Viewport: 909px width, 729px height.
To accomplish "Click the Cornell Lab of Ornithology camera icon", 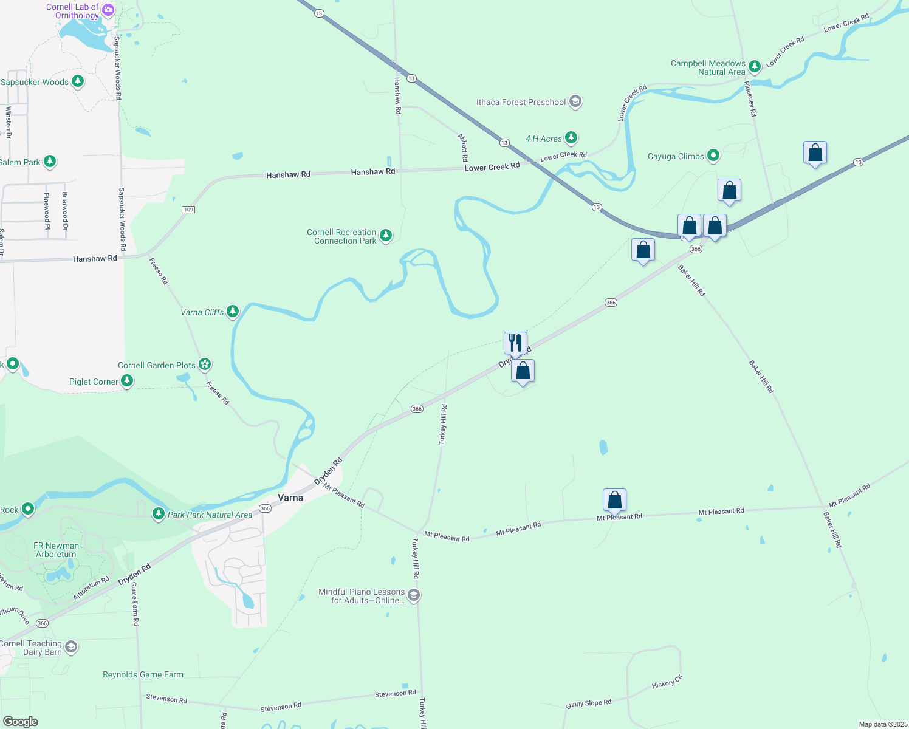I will coord(108,10).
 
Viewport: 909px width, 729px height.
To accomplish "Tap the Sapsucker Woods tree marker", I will coord(78,81).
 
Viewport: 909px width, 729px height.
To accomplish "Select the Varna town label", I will coord(290,498).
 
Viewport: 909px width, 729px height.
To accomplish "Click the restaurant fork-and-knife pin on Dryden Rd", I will coord(515,343).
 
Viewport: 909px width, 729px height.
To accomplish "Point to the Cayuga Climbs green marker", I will coord(713,156).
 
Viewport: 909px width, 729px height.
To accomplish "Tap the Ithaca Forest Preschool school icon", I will coord(575,101).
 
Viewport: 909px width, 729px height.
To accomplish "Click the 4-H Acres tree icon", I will coord(571,138).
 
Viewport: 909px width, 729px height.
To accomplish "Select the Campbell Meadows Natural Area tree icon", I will coord(755,66).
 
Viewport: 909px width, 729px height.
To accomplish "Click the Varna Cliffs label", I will coord(202,312).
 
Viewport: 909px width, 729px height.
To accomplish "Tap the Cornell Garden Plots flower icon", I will coord(205,364).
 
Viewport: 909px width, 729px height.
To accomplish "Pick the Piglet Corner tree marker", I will coord(127,381).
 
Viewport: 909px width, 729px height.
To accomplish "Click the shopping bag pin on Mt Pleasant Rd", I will coord(615,501).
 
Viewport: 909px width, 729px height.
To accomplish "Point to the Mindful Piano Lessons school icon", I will coord(414,595).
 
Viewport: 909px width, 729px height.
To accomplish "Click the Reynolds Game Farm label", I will coord(143,674).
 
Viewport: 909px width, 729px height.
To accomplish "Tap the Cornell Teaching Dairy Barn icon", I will coord(71,647).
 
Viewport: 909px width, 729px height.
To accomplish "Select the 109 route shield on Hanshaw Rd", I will coord(188,210).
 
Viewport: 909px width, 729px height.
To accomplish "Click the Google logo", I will coord(21,722).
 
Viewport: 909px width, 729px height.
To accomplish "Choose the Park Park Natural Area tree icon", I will coord(159,514).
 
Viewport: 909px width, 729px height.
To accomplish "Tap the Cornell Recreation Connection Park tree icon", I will coord(385,235).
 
